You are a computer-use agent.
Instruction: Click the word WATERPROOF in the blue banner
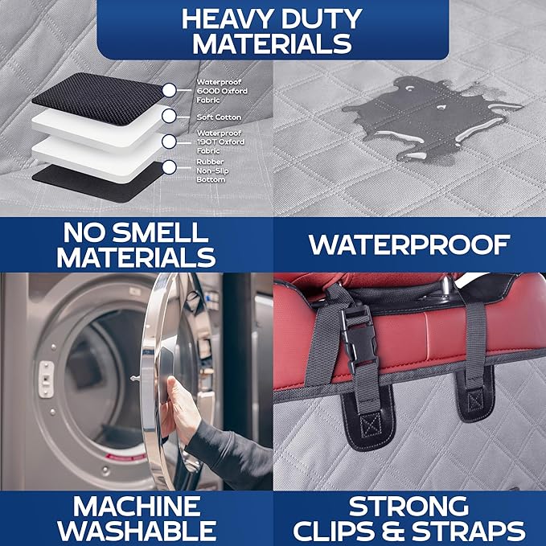(x=409, y=244)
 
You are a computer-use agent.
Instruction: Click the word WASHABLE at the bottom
(x=137, y=531)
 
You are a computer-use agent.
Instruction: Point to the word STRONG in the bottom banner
(x=408, y=507)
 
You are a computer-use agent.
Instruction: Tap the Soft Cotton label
(x=219, y=117)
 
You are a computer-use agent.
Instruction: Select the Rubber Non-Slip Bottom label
(x=212, y=170)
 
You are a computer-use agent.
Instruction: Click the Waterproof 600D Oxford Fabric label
(x=222, y=91)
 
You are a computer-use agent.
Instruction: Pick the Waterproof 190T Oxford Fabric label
(x=220, y=142)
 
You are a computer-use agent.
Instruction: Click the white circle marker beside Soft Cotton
(x=169, y=117)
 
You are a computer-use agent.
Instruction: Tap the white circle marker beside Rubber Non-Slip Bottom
(x=169, y=167)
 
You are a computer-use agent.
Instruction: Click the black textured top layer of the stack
(x=98, y=99)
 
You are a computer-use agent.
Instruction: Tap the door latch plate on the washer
(x=47, y=380)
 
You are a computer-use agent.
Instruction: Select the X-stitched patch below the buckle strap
(x=370, y=425)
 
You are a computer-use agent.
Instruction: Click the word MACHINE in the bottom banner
(x=137, y=507)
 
